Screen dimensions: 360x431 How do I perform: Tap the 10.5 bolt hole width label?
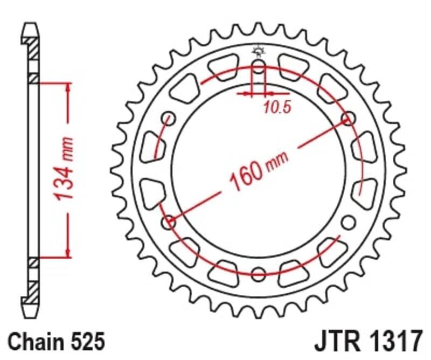(277, 107)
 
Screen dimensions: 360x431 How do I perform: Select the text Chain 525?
(55, 341)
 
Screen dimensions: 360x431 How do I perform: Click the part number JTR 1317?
(368, 341)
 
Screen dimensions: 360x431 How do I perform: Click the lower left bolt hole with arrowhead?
(169, 221)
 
